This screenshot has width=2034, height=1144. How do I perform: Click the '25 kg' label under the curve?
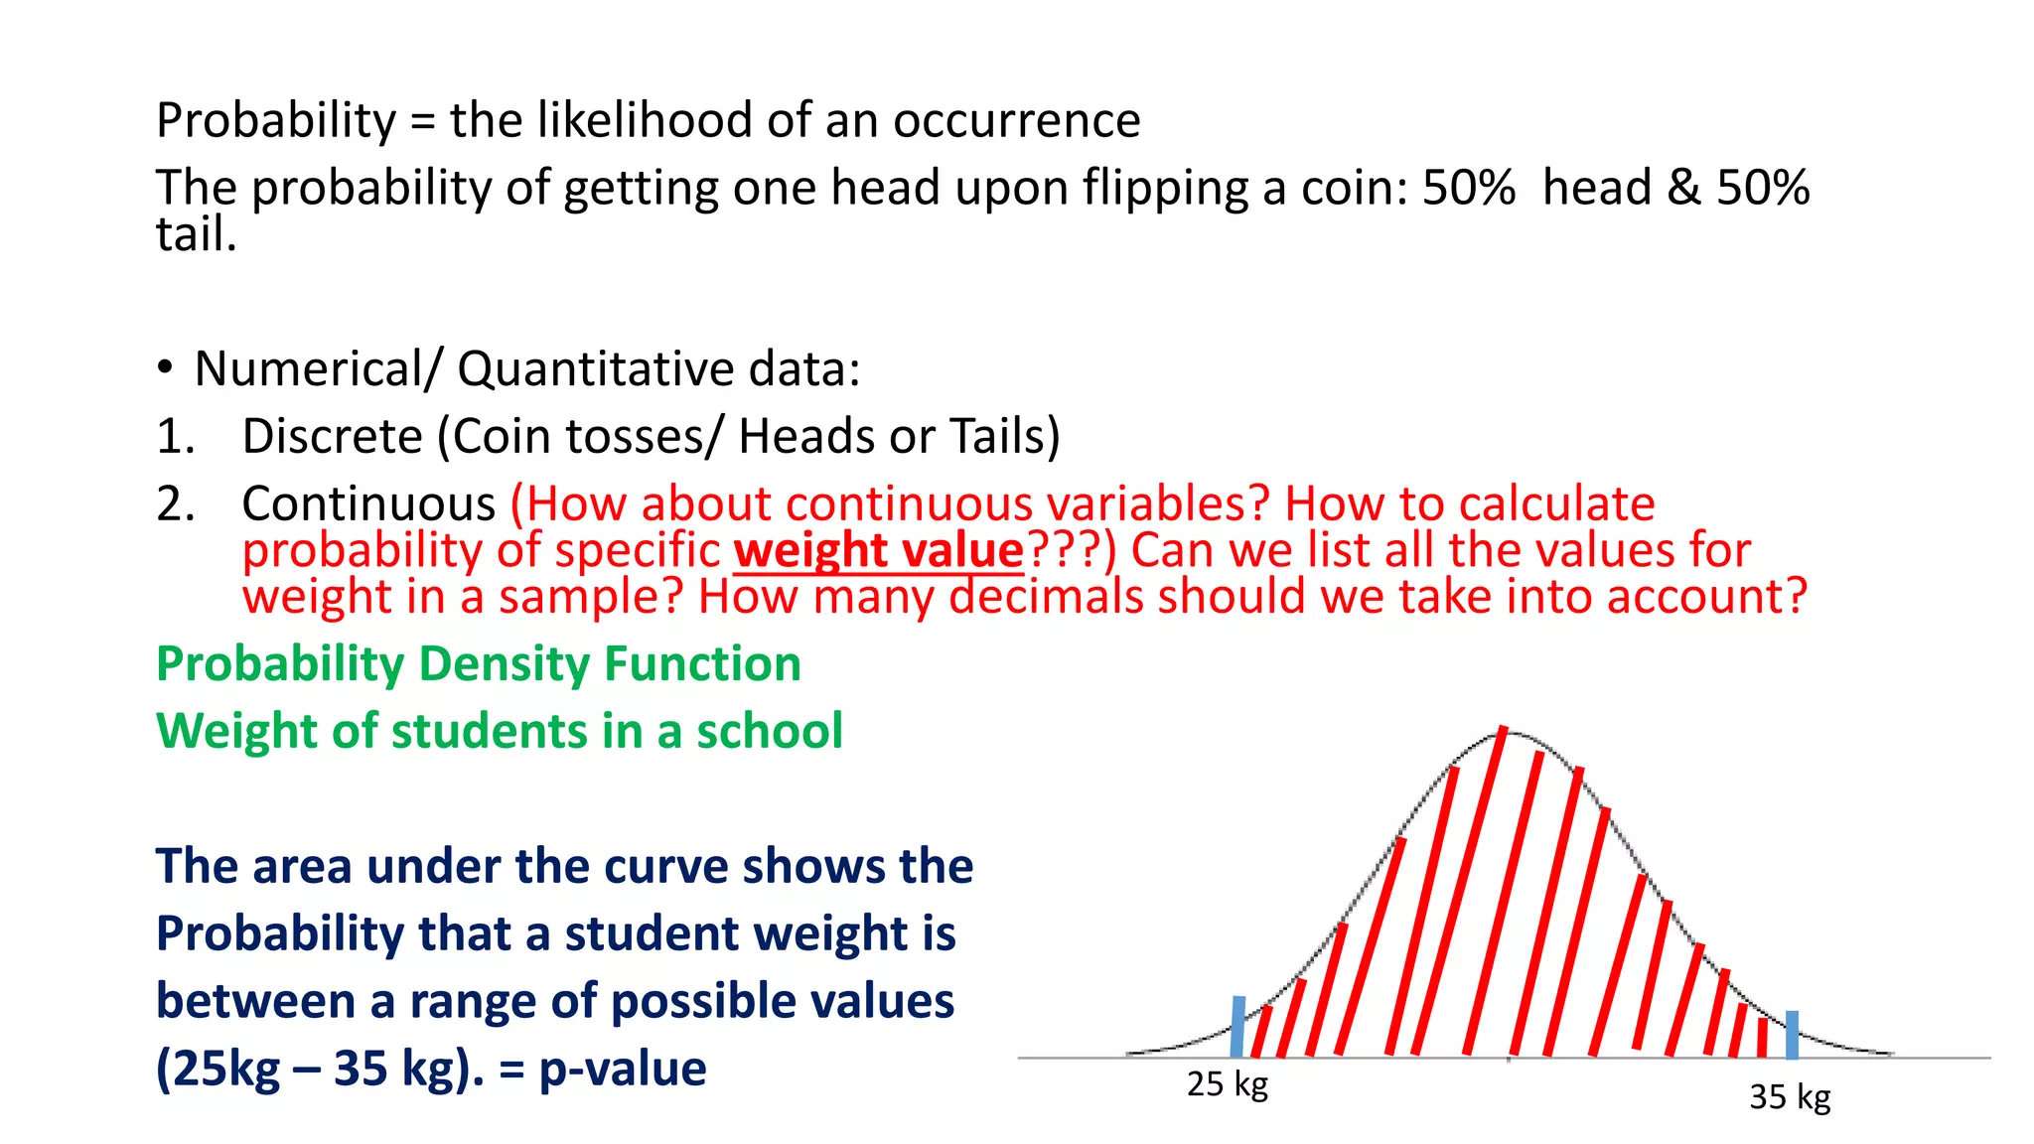click(x=1227, y=1083)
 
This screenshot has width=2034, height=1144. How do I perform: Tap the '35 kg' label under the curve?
click(x=1789, y=1096)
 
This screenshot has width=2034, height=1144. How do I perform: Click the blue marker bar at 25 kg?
click(x=1237, y=1027)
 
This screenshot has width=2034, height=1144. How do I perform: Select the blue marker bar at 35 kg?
click(x=1792, y=1035)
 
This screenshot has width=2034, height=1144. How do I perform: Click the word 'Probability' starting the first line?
click(x=276, y=121)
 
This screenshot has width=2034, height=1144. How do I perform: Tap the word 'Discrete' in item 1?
click(x=333, y=436)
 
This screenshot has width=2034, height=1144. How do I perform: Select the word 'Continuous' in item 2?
click(x=368, y=503)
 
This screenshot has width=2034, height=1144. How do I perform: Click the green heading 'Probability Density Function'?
click(x=478, y=663)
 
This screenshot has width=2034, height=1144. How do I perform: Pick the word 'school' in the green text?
click(x=769, y=731)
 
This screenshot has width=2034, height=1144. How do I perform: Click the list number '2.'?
click(x=175, y=503)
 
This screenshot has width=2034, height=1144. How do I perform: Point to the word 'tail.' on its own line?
click(x=196, y=234)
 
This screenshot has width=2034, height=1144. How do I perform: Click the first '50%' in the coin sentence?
click(x=1468, y=188)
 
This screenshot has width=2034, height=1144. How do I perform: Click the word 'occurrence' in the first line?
click(x=1016, y=121)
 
